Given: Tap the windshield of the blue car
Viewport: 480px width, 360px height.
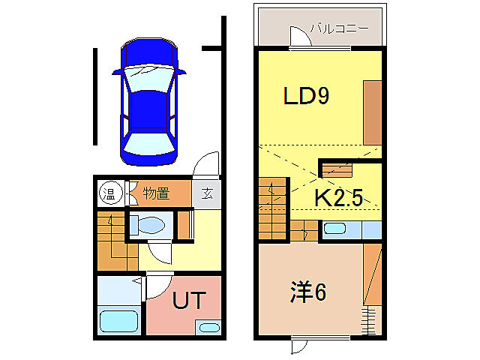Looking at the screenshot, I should coord(148,140).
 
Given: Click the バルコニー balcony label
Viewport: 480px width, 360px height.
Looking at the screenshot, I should coord(341,29).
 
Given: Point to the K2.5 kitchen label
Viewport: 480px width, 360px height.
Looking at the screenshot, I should coord(338,198).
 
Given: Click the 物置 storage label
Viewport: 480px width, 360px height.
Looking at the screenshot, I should coord(156,193).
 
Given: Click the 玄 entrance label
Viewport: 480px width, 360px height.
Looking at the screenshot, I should coord(207,193).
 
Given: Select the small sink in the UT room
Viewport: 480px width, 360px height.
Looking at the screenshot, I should coord(209,327).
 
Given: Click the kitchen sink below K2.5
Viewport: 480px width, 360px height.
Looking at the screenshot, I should coord(335,229).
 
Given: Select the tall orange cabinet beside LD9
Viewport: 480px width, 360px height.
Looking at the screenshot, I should coord(373,112).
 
